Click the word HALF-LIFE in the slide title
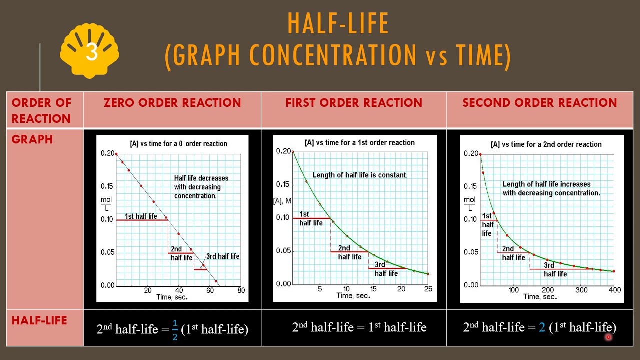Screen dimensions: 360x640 click(x=338, y=23)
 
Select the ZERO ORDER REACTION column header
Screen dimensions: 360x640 click(x=172, y=103)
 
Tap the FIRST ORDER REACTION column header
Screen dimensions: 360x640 click(x=354, y=103)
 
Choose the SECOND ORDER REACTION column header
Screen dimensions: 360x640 click(x=540, y=103)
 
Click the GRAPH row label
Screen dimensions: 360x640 click(x=32, y=139)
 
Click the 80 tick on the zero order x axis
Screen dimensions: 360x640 click(x=241, y=290)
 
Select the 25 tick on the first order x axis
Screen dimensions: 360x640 click(x=428, y=289)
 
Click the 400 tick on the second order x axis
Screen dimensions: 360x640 click(x=615, y=290)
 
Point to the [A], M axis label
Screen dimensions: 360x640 click(x=282, y=201)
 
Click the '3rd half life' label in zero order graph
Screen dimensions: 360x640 click(x=223, y=256)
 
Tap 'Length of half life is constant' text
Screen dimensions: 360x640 click(x=360, y=175)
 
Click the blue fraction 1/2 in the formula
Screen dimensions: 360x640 click(x=175, y=329)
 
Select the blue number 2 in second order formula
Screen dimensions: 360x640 click(x=542, y=327)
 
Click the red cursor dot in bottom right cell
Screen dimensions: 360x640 click(x=608, y=337)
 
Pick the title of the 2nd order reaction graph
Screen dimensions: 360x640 click(x=546, y=144)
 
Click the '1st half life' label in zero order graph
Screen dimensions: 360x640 click(x=141, y=216)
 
